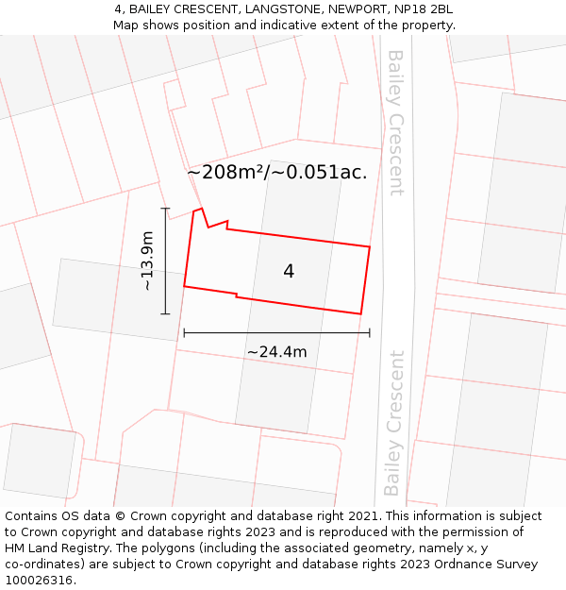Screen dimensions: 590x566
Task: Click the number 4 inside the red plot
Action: (289, 271)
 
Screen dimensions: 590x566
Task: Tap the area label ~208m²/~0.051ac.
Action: (276, 173)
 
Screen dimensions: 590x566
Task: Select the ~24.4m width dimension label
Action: (276, 352)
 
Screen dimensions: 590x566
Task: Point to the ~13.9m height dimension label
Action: (147, 261)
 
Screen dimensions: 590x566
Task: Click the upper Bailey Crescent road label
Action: (395, 123)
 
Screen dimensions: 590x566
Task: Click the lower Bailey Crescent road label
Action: (393, 423)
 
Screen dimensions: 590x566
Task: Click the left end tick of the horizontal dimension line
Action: (184, 332)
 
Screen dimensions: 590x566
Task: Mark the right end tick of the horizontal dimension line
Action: (370, 332)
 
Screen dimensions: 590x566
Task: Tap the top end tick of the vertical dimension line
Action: (165, 209)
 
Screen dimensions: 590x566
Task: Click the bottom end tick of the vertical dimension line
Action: (165, 313)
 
